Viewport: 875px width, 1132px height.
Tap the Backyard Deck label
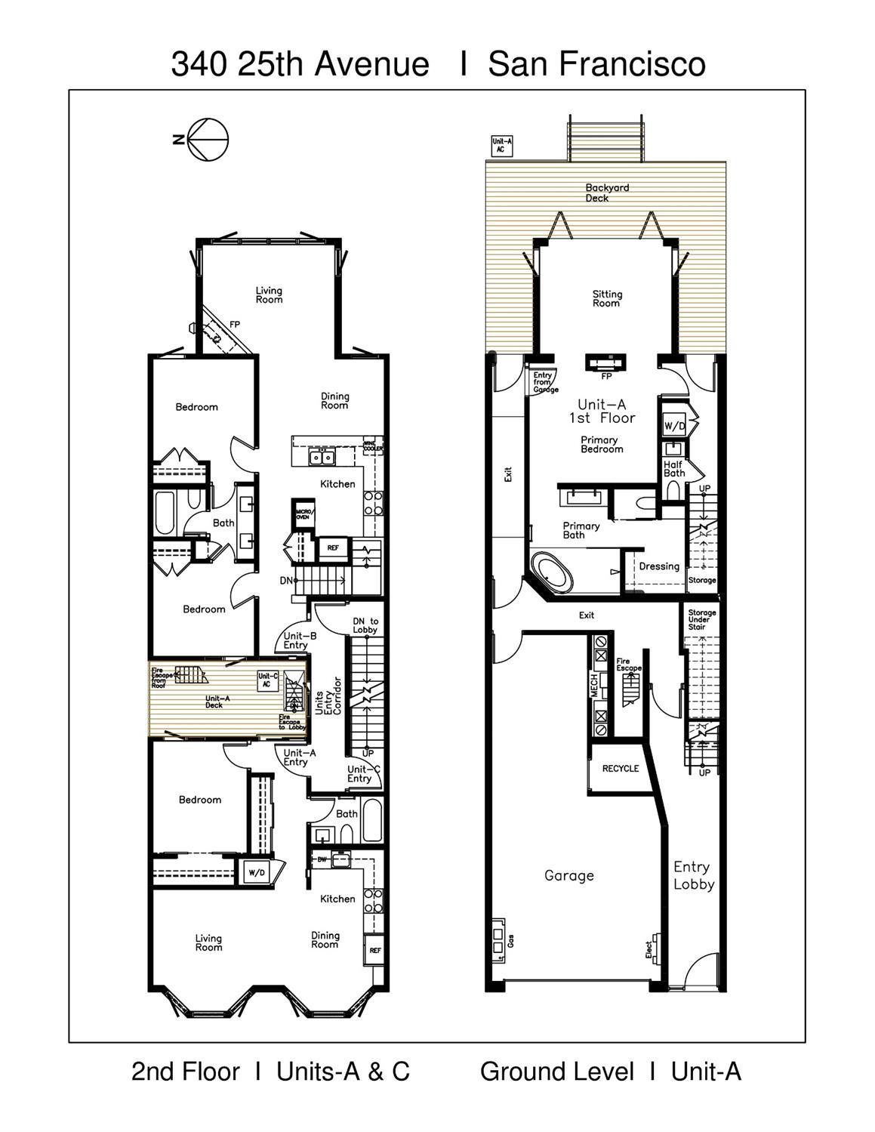click(x=606, y=193)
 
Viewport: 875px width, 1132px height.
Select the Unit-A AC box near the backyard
click(x=502, y=145)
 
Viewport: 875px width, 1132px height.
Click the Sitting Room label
click(x=606, y=298)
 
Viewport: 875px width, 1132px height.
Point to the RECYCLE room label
click(x=620, y=769)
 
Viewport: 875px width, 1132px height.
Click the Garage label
click(x=568, y=875)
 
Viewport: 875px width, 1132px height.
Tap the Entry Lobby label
click(x=693, y=875)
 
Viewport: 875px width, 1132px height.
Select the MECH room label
click(x=594, y=686)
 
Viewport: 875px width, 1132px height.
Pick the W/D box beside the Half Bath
click(x=673, y=426)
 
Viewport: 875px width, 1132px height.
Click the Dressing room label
click(x=658, y=566)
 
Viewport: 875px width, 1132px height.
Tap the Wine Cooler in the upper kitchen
click(x=374, y=446)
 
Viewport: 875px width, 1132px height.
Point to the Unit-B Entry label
click(x=295, y=640)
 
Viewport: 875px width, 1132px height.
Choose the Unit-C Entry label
click(x=359, y=774)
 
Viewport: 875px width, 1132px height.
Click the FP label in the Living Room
click(x=235, y=325)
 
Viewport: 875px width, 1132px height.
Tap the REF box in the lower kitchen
click(x=375, y=950)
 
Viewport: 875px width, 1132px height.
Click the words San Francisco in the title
click(x=596, y=64)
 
